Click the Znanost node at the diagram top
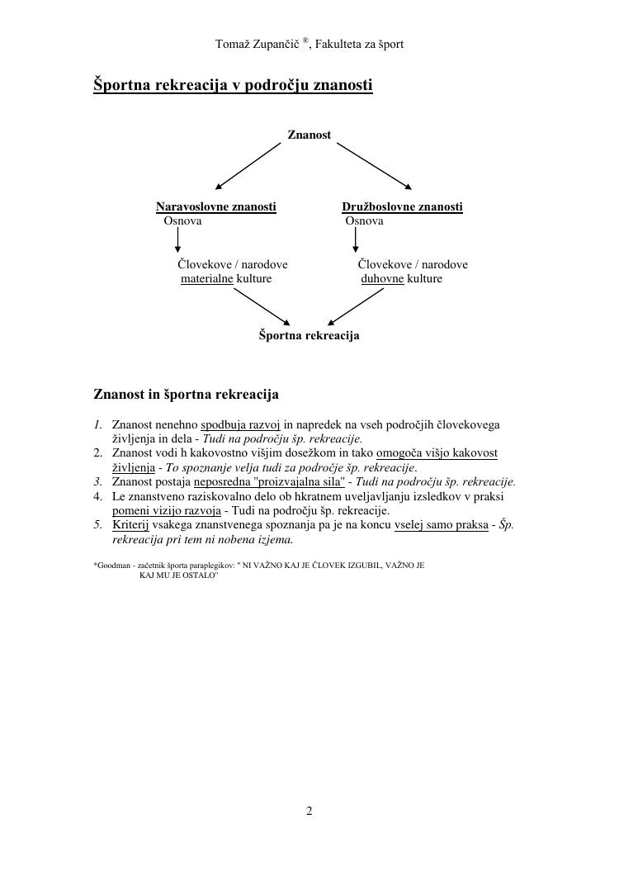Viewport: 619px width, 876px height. coord(309,135)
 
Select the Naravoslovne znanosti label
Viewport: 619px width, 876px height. coord(215,206)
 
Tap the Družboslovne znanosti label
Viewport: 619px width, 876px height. coord(402,206)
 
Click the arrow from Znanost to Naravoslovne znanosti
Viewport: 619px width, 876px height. coord(248,166)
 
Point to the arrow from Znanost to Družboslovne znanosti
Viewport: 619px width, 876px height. coord(374,165)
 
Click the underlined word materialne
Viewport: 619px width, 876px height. coord(207,279)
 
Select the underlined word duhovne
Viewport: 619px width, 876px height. coord(382,279)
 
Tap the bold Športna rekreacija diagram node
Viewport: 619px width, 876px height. coord(309,335)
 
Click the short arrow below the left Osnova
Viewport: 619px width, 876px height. coord(178,240)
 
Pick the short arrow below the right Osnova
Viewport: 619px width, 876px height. coord(356,240)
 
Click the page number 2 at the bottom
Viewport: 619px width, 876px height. coord(309,812)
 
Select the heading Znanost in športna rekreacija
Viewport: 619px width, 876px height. coord(186,394)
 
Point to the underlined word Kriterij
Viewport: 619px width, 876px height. coord(130,525)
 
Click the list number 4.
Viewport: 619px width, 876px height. coord(97,496)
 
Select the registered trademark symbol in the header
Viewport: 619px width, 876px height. coord(305,40)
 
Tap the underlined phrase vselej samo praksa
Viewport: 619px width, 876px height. coord(442,525)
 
